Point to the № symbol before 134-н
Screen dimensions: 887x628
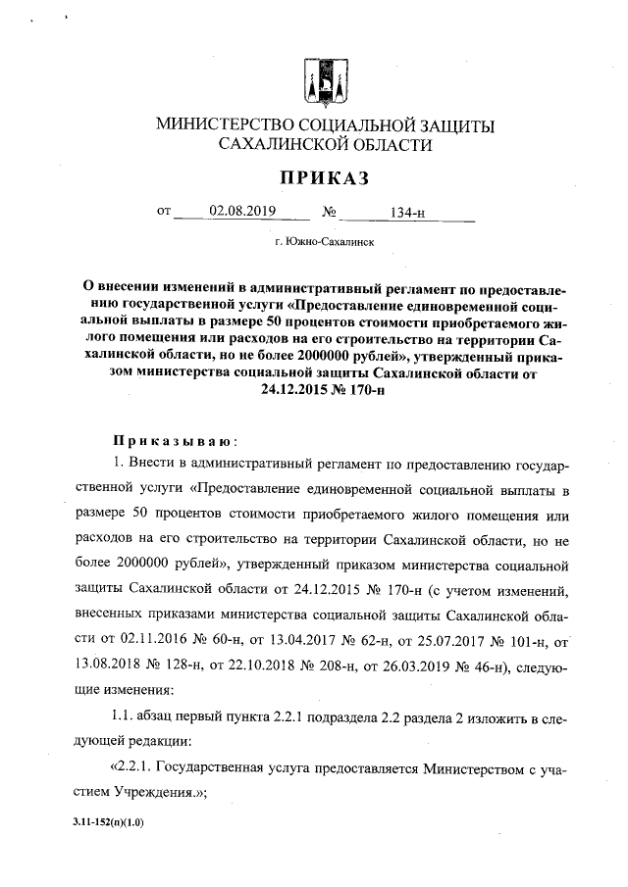pos(330,212)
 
